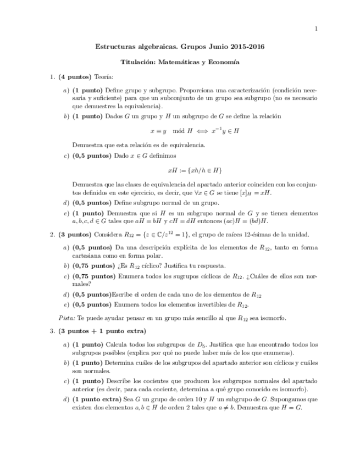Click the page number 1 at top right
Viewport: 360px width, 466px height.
pyautogui.click(x=317, y=29)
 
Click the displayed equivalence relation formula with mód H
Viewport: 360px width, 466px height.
pyautogui.click(x=195, y=131)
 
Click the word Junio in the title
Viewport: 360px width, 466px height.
pyautogui.click(x=214, y=48)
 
